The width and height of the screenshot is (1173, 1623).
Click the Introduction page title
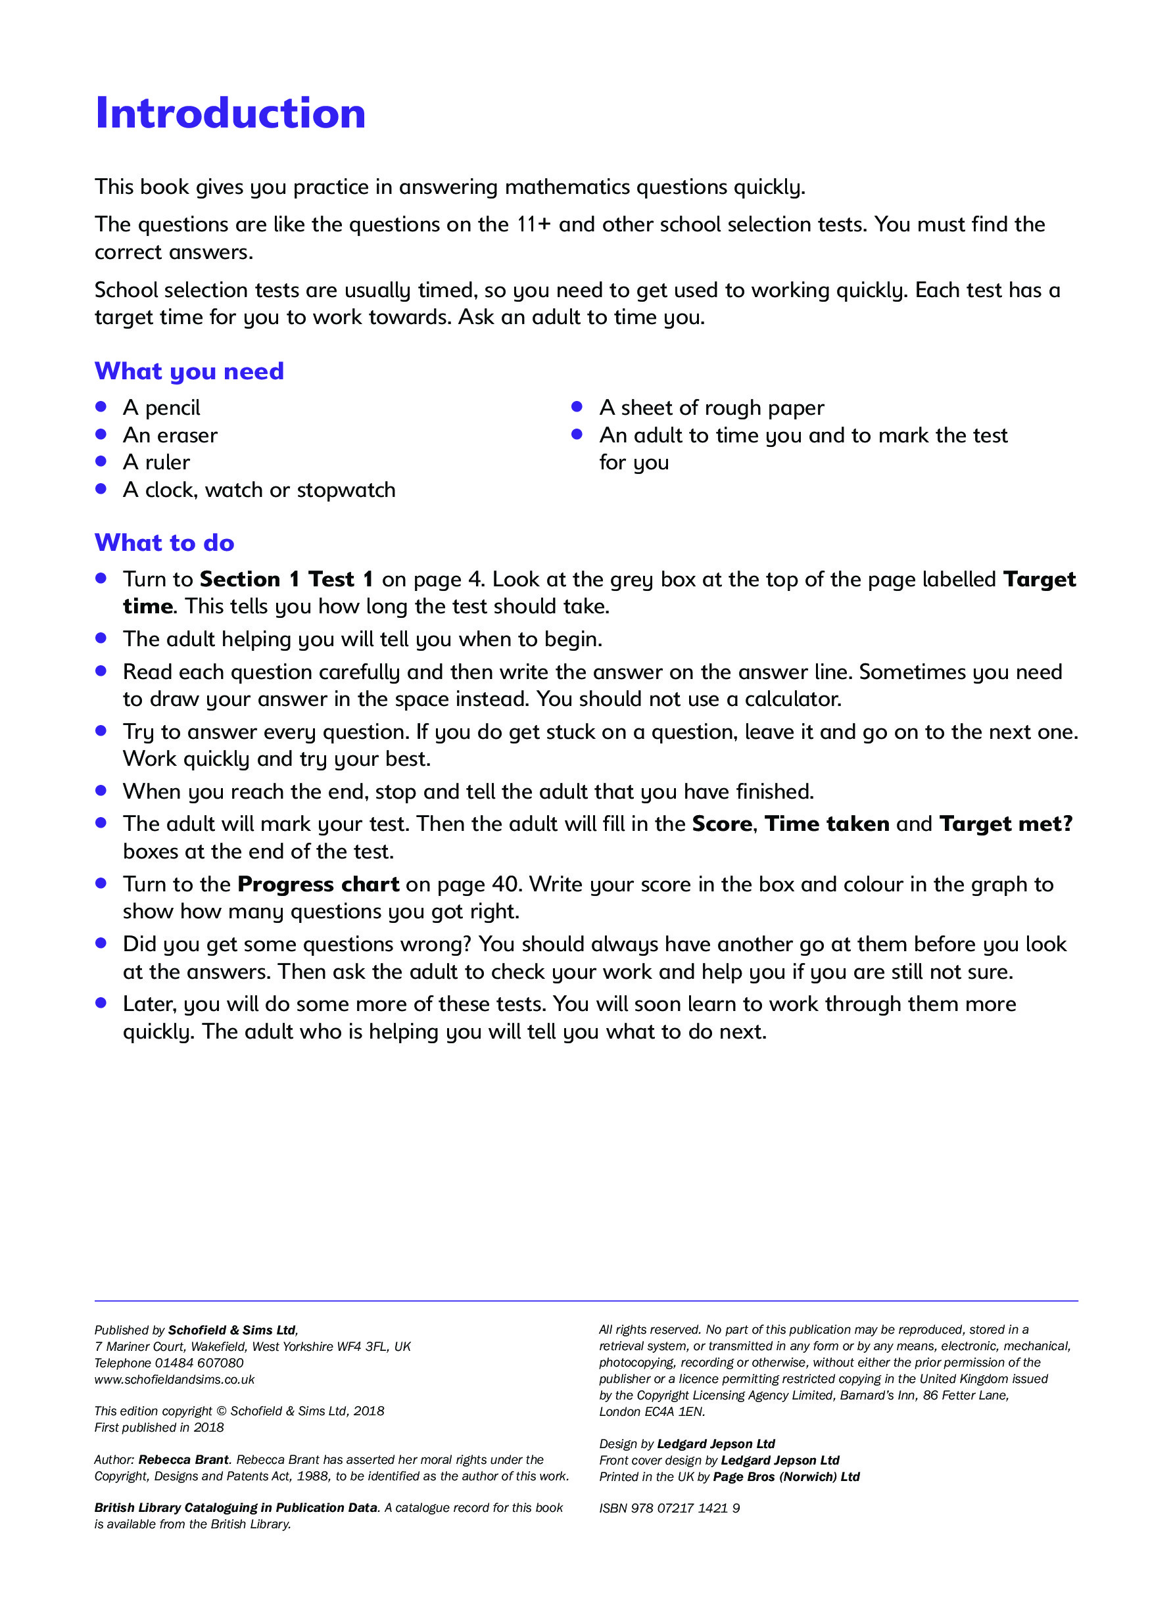click(229, 113)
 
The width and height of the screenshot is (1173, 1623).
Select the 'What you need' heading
click(189, 371)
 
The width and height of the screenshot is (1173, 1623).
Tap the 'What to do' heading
click(164, 542)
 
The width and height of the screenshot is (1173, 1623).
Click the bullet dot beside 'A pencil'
click(101, 406)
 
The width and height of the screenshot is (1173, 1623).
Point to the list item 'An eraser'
click(170, 435)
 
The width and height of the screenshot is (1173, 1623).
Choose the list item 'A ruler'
click(156, 462)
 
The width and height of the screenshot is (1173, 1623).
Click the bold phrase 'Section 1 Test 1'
click(286, 579)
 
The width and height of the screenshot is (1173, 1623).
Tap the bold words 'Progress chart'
click(318, 885)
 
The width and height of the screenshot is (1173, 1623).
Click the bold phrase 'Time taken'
click(826, 824)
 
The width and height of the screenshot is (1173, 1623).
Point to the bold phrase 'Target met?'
click(1005, 824)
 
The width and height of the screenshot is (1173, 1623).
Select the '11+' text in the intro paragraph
click(534, 225)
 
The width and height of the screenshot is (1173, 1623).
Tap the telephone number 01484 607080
click(199, 1363)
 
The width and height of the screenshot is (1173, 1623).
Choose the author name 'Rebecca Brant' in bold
click(183, 1460)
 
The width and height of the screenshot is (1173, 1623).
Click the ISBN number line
click(669, 1509)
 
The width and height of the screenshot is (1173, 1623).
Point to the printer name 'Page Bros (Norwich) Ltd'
click(786, 1476)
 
